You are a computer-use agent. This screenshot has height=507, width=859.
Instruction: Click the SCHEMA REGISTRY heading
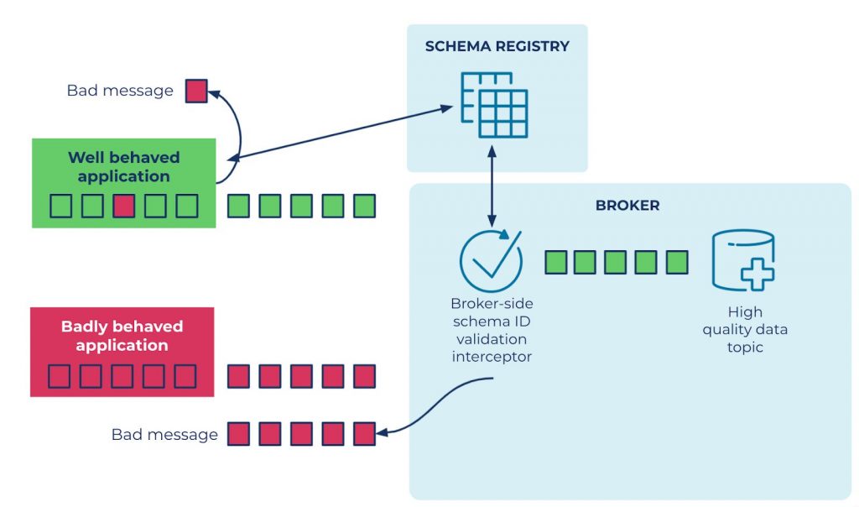click(497, 46)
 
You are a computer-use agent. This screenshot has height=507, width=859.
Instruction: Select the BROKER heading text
click(627, 205)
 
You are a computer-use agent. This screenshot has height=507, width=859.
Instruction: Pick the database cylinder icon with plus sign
click(743, 261)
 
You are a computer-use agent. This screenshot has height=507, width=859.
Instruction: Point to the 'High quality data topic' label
click(745, 329)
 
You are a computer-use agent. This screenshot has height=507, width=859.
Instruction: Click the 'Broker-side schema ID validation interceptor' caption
click(491, 330)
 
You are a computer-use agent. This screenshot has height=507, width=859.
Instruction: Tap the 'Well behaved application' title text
click(123, 167)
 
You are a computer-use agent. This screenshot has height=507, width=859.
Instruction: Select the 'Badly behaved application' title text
click(122, 336)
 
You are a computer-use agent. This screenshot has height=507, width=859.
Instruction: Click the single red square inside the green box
click(124, 206)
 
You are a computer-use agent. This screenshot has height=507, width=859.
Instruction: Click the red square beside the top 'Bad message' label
click(196, 91)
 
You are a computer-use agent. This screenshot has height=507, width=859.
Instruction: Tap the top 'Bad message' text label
click(119, 91)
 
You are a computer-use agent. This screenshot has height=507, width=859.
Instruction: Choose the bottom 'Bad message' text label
click(164, 435)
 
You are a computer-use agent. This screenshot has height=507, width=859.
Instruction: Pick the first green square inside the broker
click(556, 262)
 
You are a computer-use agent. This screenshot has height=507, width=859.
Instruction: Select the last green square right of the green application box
click(364, 206)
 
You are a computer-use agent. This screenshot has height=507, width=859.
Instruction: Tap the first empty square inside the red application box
click(59, 376)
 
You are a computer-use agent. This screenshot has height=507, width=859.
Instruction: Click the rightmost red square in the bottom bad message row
click(364, 434)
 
